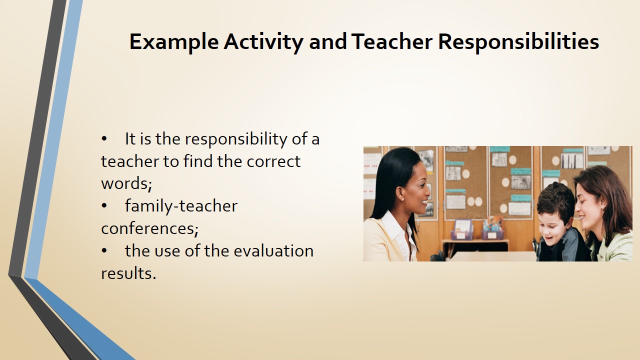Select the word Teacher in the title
tap(391, 41)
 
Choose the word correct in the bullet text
tap(273, 161)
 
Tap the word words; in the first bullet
tap(126, 183)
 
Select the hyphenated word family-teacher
tap(181, 206)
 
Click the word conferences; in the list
tap(149, 228)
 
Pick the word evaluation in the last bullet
tap(273, 251)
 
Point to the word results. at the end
tap(128, 273)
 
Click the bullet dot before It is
tap(104, 139)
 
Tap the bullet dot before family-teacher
tap(104, 205)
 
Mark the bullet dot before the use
tap(104, 251)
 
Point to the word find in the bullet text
tap(198, 161)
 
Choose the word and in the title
tap(327, 42)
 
